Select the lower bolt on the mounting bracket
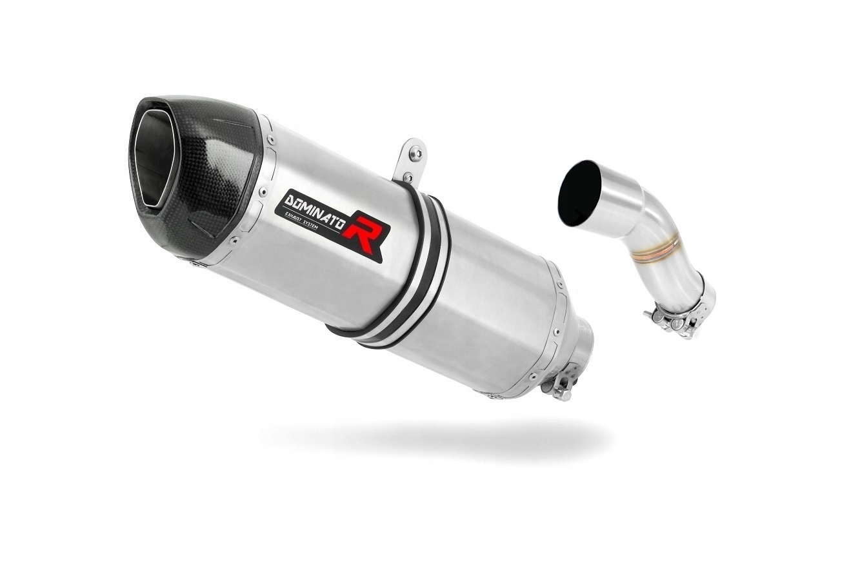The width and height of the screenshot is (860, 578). pos(407,176)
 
